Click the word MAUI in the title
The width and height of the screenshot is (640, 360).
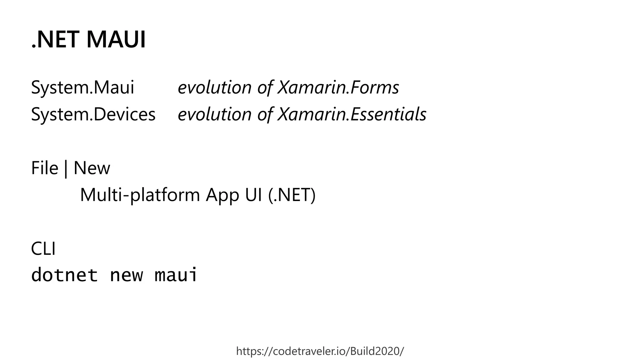tap(116, 40)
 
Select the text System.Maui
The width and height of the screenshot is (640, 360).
tap(82, 87)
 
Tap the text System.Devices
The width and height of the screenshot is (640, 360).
tap(93, 114)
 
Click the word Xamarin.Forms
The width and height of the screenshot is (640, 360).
tap(338, 87)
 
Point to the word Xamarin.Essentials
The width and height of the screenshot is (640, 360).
tap(352, 114)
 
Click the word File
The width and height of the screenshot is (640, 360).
tap(45, 168)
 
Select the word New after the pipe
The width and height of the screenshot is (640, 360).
tap(92, 168)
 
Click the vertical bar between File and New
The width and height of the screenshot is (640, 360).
tap(66, 169)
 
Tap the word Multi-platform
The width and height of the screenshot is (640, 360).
tap(140, 195)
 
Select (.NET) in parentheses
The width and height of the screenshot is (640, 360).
tap(292, 195)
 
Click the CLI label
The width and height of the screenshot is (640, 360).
tap(43, 249)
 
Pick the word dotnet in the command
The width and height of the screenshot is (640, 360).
tap(64, 275)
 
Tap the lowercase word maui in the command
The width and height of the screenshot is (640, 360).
tap(176, 275)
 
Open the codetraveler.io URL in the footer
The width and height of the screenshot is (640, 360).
tap(320, 351)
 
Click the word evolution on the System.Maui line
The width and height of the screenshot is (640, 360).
tap(214, 87)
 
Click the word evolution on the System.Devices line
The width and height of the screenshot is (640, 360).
tap(214, 114)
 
